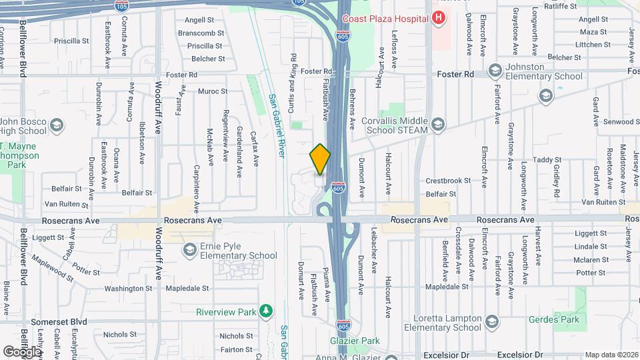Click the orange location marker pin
320,159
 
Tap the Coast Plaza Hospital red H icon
438,18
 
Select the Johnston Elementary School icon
495,70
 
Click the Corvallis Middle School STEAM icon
437,124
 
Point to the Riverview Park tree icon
267,311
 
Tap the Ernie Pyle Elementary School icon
190,249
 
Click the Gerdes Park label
550,319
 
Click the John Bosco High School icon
57,125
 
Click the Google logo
22,351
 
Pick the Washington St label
129,289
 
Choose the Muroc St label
213,91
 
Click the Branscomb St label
201,33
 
